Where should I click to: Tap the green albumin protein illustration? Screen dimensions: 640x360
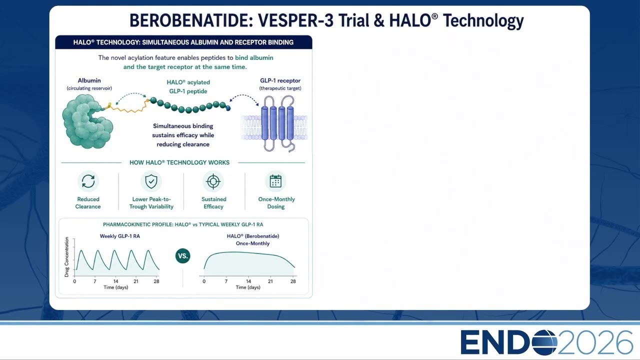click(x=87, y=121)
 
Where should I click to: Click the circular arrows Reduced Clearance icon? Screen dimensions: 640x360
click(x=88, y=181)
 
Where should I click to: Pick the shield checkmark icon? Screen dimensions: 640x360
click(x=151, y=181)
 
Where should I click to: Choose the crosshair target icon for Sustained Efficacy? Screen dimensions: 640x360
click(x=213, y=181)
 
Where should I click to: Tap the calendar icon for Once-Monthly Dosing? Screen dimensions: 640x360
click(x=275, y=181)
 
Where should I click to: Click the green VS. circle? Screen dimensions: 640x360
click(x=183, y=255)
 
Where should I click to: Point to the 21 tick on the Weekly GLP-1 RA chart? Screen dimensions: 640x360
click(x=136, y=281)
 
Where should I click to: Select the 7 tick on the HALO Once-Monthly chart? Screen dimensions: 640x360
click(x=226, y=281)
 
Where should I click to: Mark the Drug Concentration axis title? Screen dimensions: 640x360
click(x=67, y=257)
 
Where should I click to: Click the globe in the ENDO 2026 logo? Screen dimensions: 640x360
click(x=544, y=342)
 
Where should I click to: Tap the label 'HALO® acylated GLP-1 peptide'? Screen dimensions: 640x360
click(x=188, y=86)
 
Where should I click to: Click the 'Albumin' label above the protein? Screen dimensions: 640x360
click(x=89, y=80)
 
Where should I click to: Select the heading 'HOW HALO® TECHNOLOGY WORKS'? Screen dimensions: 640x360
click(x=179, y=162)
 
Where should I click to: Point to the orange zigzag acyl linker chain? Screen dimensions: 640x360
click(x=128, y=107)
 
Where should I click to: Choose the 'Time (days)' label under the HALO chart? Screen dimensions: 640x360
click(x=248, y=287)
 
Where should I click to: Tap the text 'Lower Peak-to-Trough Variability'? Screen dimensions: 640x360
click(x=151, y=203)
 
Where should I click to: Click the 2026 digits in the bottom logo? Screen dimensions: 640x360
click(x=595, y=342)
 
